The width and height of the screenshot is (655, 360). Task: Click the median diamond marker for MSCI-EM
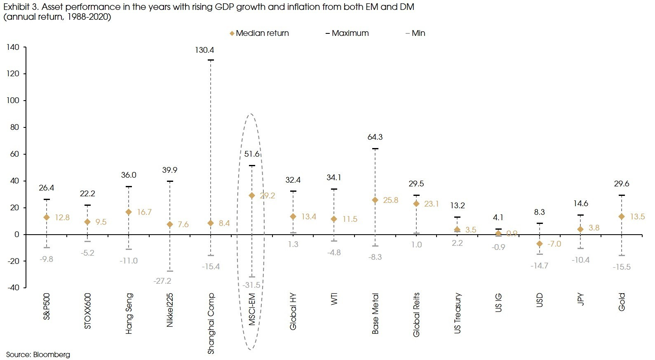(x=252, y=196)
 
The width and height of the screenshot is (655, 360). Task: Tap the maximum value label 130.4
(x=204, y=50)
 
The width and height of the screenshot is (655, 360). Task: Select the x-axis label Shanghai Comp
(x=211, y=324)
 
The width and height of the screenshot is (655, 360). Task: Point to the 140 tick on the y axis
(x=13, y=47)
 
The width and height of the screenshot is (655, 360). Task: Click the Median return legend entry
(x=259, y=33)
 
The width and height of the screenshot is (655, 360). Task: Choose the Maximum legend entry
(x=347, y=33)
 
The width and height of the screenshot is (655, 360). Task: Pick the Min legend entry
(x=416, y=33)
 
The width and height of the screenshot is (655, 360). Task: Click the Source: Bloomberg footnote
(x=38, y=355)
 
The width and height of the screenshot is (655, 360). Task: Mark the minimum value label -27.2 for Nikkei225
(x=162, y=281)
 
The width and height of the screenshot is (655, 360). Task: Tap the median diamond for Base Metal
(x=375, y=200)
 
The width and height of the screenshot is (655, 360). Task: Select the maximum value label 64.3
(x=375, y=137)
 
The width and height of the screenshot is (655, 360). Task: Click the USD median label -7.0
(x=554, y=244)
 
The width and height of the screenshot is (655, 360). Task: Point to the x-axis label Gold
(x=622, y=302)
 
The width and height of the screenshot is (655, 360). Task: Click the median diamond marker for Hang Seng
(x=129, y=212)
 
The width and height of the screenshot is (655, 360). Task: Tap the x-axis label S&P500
(x=47, y=306)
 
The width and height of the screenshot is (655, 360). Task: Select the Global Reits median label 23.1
(x=431, y=204)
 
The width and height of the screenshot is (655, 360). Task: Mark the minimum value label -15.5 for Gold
(x=622, y=267)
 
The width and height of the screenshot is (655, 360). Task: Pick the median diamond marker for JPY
(x=580, y=229)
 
